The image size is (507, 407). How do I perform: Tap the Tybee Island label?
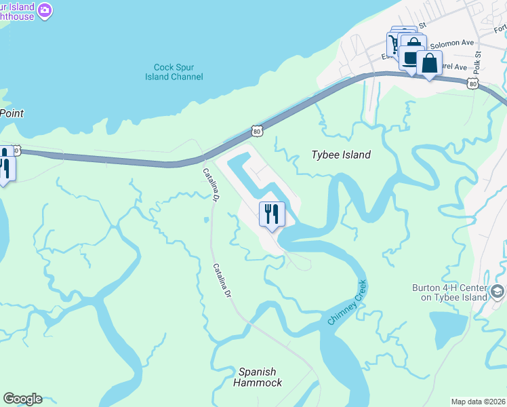340,155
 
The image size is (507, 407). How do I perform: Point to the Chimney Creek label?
347,302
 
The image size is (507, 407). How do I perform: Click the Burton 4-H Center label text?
449,292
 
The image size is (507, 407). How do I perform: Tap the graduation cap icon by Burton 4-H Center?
498,292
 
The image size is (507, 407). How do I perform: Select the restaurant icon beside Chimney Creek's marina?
272,214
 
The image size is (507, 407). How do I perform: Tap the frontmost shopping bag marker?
430,64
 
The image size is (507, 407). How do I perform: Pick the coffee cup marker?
411,57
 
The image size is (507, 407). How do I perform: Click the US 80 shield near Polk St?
473,83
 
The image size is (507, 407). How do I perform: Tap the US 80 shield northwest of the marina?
255,129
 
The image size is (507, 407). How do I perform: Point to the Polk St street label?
478,63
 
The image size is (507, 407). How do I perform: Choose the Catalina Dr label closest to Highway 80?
210,185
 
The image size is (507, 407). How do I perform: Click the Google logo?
22,399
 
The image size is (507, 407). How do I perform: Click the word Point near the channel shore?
12,113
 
